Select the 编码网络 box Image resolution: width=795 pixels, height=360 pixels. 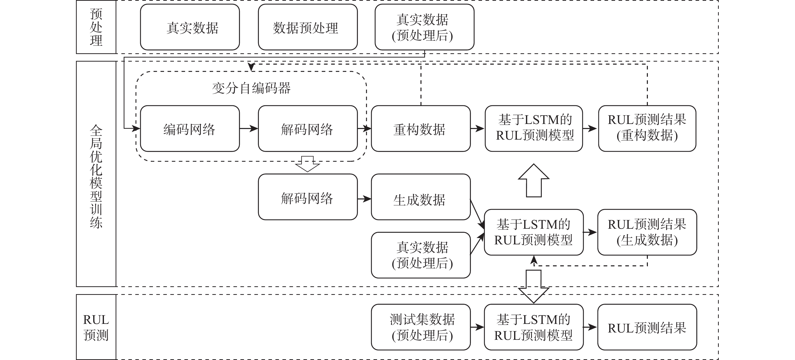(190, 129)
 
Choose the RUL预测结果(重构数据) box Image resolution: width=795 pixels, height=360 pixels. (647, 129)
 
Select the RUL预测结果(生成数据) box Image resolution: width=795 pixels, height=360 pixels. (647, 232)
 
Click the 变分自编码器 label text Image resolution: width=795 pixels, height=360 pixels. (251, 88)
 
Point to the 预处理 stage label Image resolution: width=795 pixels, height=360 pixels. (96, 27)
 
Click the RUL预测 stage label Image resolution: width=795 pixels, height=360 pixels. (96, 327)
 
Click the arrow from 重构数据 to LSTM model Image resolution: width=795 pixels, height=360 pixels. (478, 128)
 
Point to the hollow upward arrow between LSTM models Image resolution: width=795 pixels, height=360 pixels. (534, 181)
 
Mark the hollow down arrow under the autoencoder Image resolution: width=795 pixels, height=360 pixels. (307, 164)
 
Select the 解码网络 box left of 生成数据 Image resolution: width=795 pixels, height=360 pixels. (308, 197)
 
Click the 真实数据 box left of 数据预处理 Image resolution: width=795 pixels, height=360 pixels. (190, 27)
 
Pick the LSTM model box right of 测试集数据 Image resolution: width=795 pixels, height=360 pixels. (534, 327)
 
